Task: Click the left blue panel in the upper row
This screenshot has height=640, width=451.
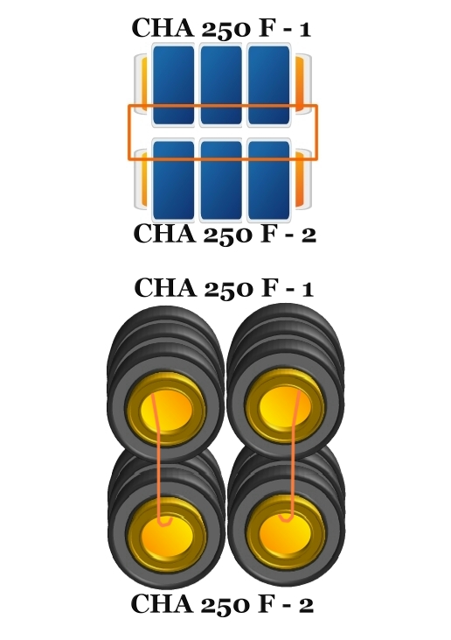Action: pyautogui.click(x=173, y=85)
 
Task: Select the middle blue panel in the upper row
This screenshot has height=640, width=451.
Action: pyautogui.click(x=221, y=85)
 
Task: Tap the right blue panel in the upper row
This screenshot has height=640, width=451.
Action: pyautogui.click(x=269, y=85)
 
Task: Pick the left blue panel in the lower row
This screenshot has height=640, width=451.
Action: pyautogui.click(x=173, y=180)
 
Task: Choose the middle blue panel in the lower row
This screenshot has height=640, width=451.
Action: pyautogui.click(x=221, y=180)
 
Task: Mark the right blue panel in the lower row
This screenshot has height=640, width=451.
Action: pyautogui.click(x=269, y=180)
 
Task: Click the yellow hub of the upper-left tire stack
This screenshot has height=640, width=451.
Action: pyautogui.click(x=166, y=410)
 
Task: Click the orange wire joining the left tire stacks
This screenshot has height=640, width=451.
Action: pyautogui.click(x=158, y=459)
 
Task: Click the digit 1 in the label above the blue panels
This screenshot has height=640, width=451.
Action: pyautogui.click(x=303, y=30)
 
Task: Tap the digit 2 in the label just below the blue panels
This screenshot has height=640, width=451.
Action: pyautogui.click(x=309, y=236)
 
